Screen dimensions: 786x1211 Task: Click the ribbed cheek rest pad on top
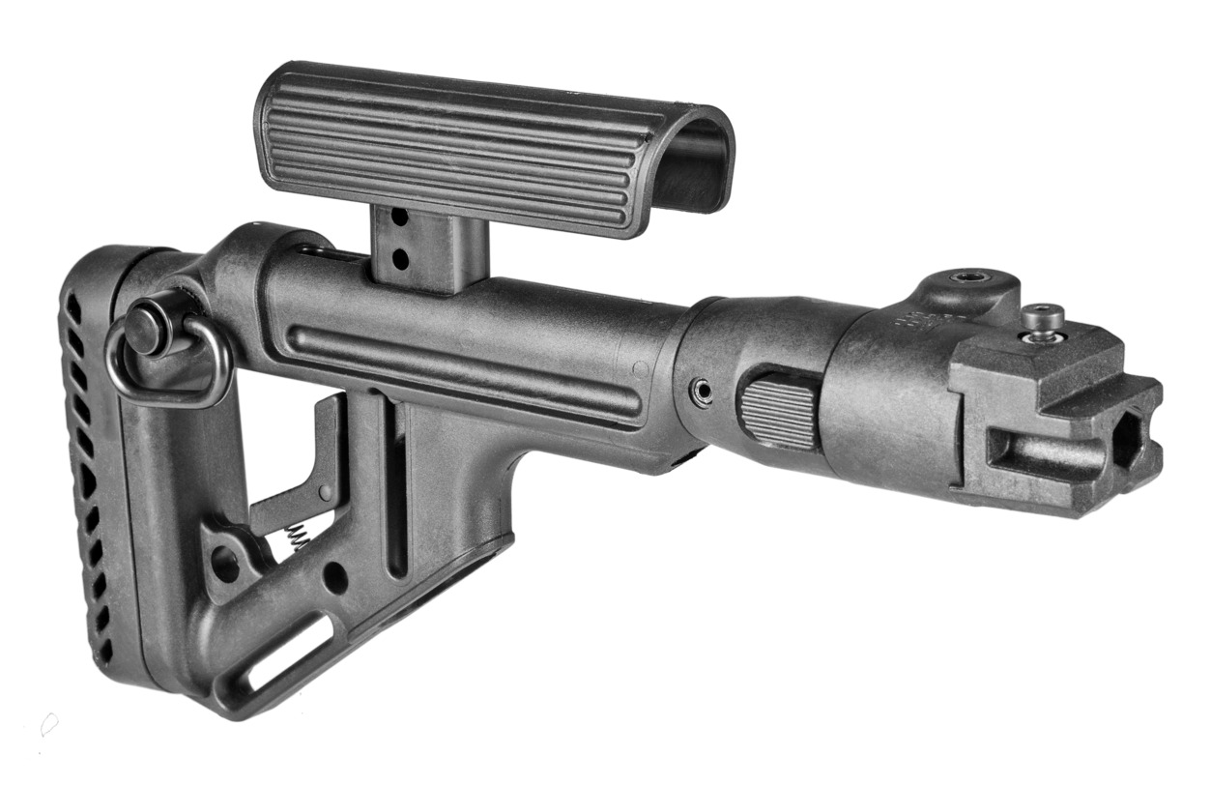point(454,145)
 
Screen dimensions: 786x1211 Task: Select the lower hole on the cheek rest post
point(397,257)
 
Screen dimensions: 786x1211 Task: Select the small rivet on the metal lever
point(326,494)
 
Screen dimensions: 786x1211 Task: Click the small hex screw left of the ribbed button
point(704,391)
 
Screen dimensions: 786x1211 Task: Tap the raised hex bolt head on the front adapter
point(1043,317)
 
